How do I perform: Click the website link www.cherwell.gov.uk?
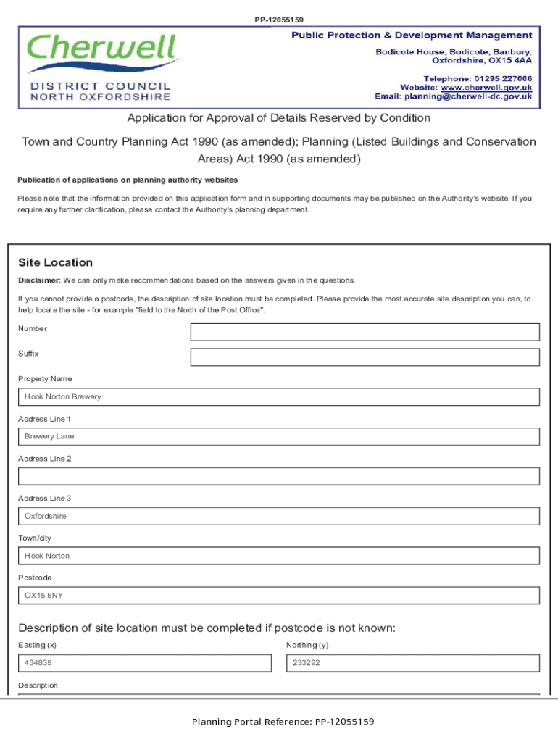(486, 87)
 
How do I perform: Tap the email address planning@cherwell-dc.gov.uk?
(468, 96)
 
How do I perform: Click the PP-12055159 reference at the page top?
(278, 20)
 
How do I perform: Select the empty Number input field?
(365, 332)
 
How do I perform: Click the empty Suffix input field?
(365, 357)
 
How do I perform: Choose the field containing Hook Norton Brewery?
(278, 397)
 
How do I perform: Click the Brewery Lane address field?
(278, 437)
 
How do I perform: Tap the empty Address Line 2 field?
(278, 476)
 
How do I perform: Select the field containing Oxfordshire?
(278, 516)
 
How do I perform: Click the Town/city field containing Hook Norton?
(278, 556)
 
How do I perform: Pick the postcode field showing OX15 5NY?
(278, 596)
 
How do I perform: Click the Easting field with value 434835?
(144, 663)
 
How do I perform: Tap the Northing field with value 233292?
(412, 663)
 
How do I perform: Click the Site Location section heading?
(56, 262)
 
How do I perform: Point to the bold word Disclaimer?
(39, 280)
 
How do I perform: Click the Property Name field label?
(45, 379)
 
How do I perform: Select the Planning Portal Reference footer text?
(283, 722)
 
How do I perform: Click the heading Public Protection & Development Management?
(412, 36)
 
